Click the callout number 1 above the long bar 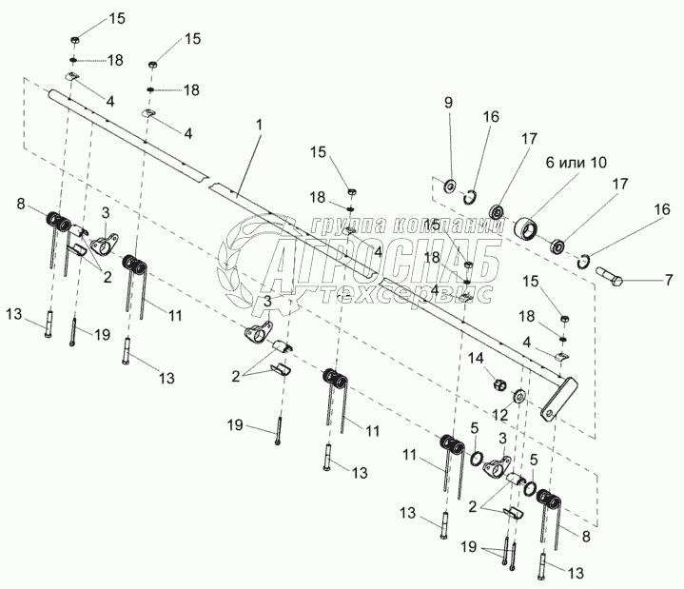click(x=260, y=126)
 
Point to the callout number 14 click(x=479, y=358)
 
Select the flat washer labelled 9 click(x=448, y=184)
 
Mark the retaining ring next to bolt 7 click(x=586, y=263)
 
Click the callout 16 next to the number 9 click(x=490, y=115)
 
